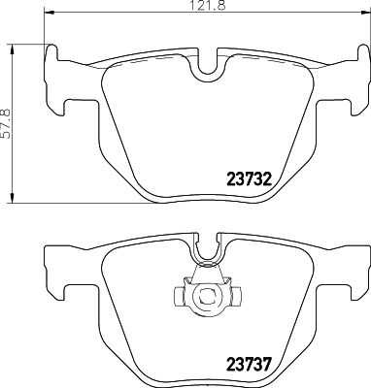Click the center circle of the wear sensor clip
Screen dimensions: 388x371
click(x=205, y=296)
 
